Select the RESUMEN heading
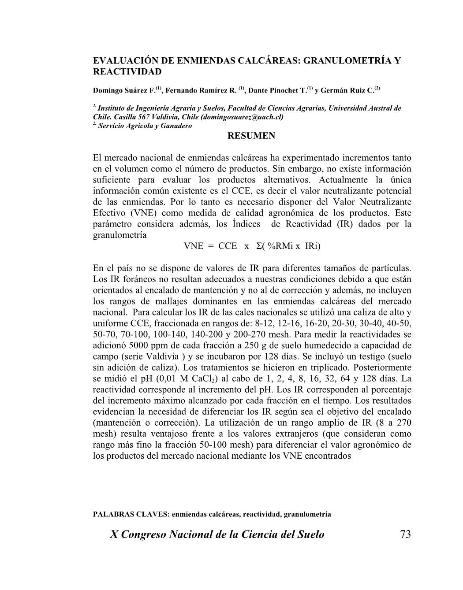click(x=251, y=136)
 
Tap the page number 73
click(x=405, y=534)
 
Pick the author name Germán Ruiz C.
click(x=347, y=91)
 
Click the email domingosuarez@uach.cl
click(x=242, y=117)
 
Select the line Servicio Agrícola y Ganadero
click(x=145, y=126)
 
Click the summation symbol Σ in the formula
click(x=259, y=246)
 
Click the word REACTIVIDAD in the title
click(x=127, y=71)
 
